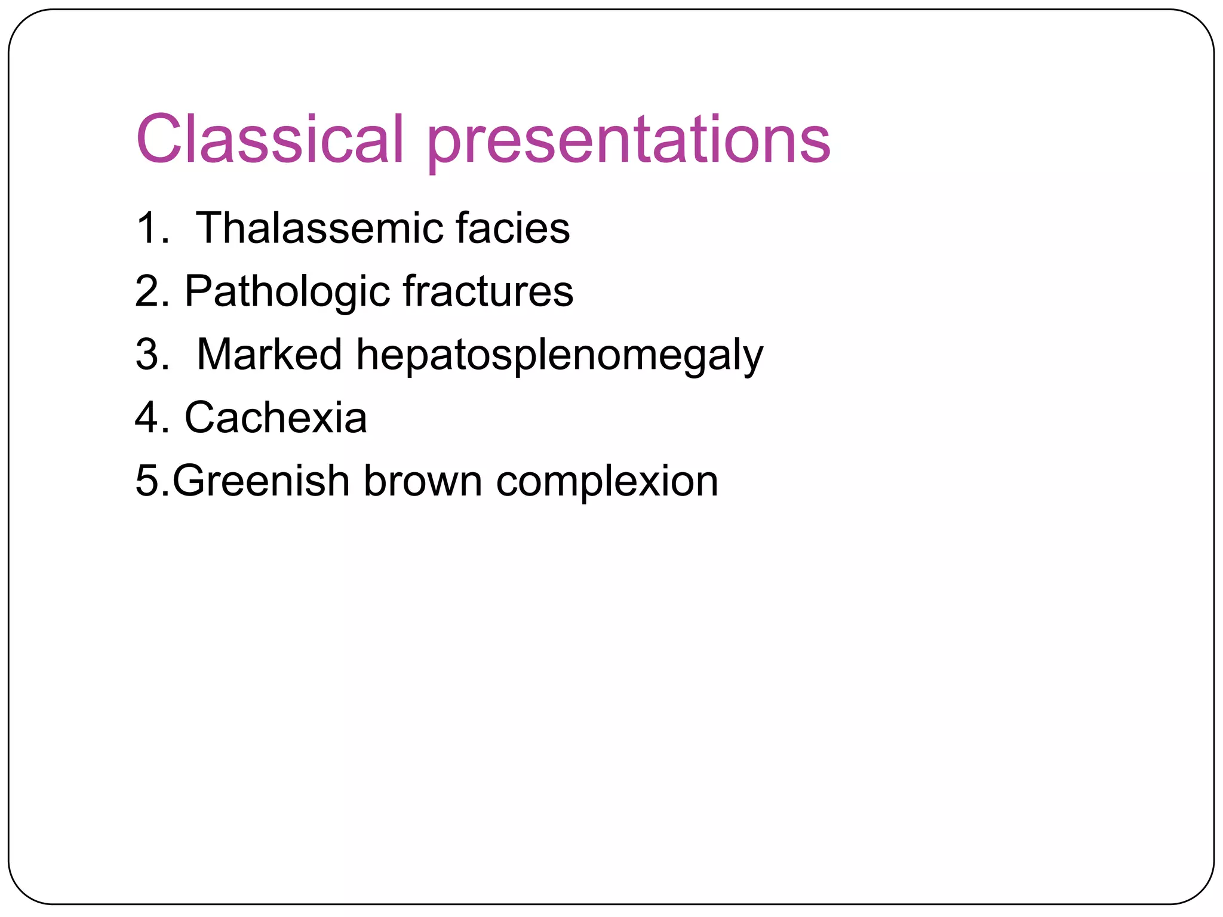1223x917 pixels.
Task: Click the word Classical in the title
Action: pyautogui.click(x=271, y=139)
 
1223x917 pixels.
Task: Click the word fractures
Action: pyautogui.click(x=488, y=291)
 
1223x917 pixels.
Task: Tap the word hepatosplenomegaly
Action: pyautogui.click(x=560, y=357)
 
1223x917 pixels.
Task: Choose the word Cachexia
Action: pyautogui.click(x=276, y=417)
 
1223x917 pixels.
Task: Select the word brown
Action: pyautogui.click(x=423, y=481)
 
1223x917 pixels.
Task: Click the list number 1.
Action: pyautogui.click(x=147, y=228)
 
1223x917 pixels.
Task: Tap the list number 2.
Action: pyautogui.click(x=147, y=291)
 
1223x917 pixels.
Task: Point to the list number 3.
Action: pyautogui.click(x=147, y=355)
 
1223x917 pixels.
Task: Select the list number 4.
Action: pyautogui.click(x=147, y=417)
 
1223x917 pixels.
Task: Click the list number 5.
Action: pyautogui.click(x=147, y=481)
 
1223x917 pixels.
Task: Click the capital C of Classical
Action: pyautogui.click(x=159, y=139)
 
